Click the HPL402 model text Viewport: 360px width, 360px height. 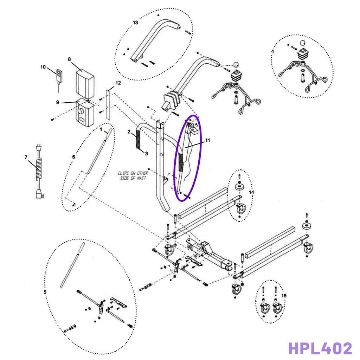[320, 348]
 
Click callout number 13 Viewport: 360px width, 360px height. [135, 22]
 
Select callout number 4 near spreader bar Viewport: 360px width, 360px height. [272, 51]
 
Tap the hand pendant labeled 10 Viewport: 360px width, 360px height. [59, 75]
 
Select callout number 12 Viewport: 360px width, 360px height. [118, 83]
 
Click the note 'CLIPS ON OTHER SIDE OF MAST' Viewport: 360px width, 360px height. [133, 176]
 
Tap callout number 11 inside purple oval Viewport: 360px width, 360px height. [207, 140]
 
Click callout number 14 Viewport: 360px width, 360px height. [251, 192]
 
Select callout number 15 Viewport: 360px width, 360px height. [284, 296]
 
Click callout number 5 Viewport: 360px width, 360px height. [45, 292]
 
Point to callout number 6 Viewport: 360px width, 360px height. [73, 157]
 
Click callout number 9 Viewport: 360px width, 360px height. [58, 102]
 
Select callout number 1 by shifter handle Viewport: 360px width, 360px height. [101, 130]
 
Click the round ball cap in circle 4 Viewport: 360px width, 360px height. [303, 43]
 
